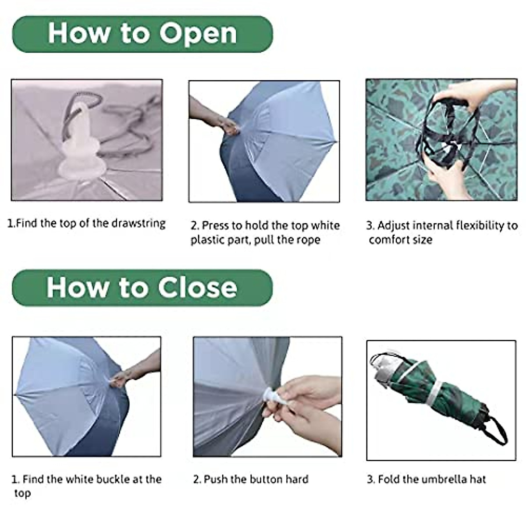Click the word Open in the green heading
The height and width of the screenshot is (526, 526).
point(198,34)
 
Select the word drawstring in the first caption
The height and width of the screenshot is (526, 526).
point(139,224)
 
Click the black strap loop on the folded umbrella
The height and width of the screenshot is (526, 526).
point(498,427)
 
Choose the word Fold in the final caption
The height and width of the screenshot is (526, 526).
point(387,479)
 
